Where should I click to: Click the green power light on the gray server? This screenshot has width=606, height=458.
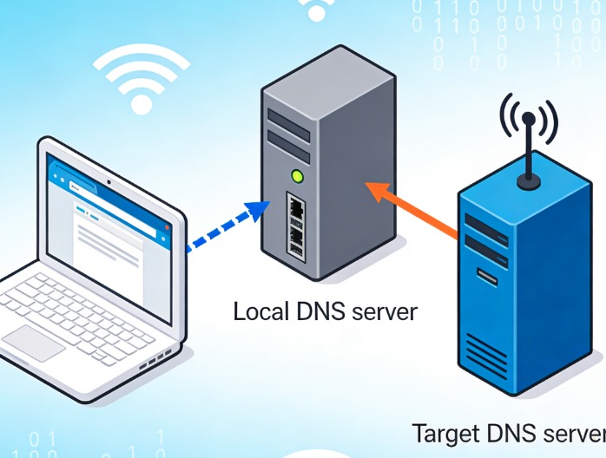297,177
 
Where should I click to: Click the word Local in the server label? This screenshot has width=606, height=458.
258,311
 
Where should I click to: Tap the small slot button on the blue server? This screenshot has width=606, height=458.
487,278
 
